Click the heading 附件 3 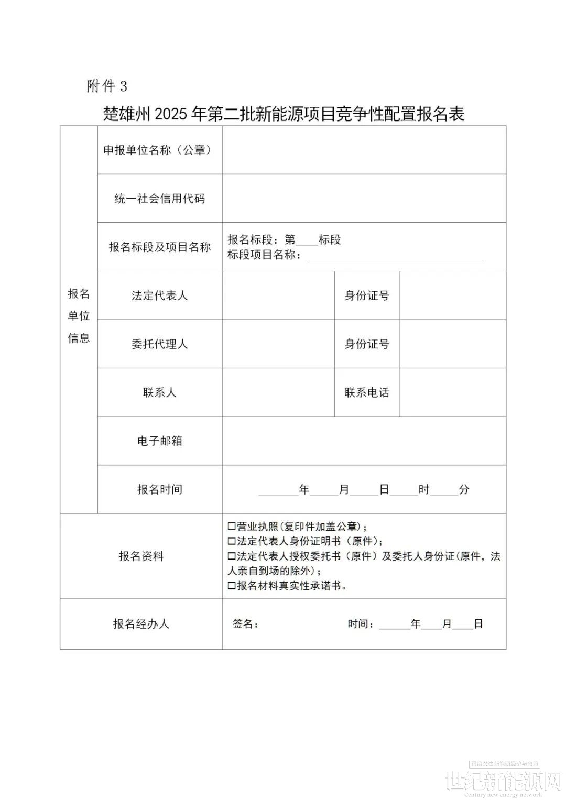[107, 86]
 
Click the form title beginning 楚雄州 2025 [284, 114]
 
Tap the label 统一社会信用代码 [159, 199]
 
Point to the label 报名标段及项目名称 [159, 247]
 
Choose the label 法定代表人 [159, 295]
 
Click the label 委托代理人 [159, 344]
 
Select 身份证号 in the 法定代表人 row [367, 295]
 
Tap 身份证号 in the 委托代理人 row [367, 344]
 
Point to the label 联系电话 [367, 392]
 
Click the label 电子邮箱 [159, 441]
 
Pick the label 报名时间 [159, 489]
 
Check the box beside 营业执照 [232, 527]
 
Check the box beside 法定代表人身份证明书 [232, 541]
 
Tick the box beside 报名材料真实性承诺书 [232, 586]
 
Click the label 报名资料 [141, 556]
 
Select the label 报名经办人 [141, 624]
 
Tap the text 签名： [245, 624]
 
